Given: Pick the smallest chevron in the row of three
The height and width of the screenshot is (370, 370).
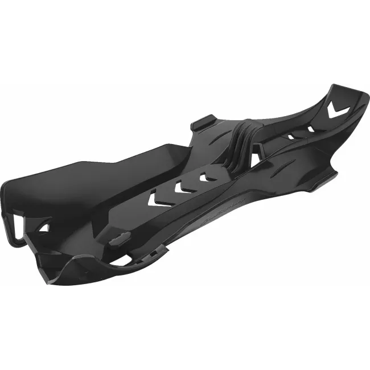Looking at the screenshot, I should coord(203,177).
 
